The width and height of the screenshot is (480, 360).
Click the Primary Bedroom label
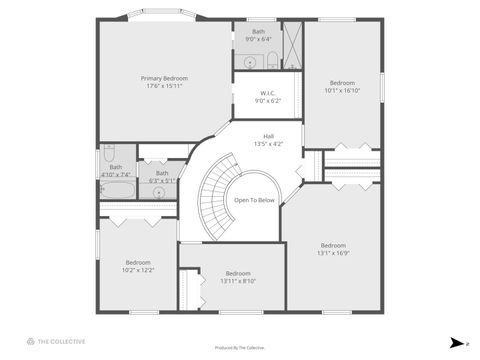point(165,78)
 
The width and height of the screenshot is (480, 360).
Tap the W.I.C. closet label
point(268,93)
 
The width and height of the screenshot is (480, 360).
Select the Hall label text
point(268,136)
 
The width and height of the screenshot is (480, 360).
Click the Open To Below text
point(254,200)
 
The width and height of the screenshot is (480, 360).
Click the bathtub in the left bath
point(117,188)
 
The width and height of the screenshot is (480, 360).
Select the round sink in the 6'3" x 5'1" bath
point(158,191)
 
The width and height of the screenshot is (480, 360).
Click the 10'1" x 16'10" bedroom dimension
point(342,89)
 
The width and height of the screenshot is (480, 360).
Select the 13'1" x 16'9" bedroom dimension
point(333,253)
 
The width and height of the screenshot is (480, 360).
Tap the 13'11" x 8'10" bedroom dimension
point(238,281)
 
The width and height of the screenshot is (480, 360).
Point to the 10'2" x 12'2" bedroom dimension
point(138,270)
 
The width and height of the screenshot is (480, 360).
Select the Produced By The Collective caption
point(240,346)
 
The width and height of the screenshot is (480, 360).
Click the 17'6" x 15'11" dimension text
point(165,85)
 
